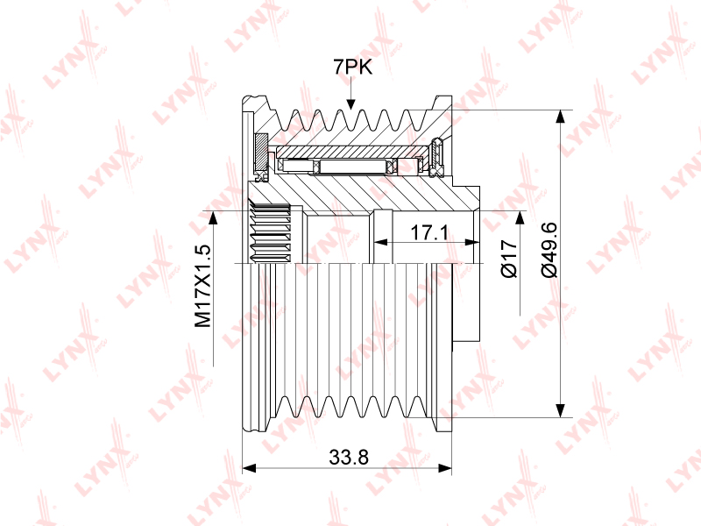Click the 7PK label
click(x=352, y=68)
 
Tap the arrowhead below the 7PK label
click(x=351, y=103)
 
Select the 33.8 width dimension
click(x=349, y=457)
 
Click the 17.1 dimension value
click(x=428, y=232)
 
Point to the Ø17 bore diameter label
click(x=509, y=259)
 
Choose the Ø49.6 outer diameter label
click(x=549, y=249)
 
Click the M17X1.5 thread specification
click(x=202, y=286)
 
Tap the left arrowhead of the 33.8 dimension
click(x=249, y=468)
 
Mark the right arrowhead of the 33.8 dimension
click(x=445, y=468)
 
